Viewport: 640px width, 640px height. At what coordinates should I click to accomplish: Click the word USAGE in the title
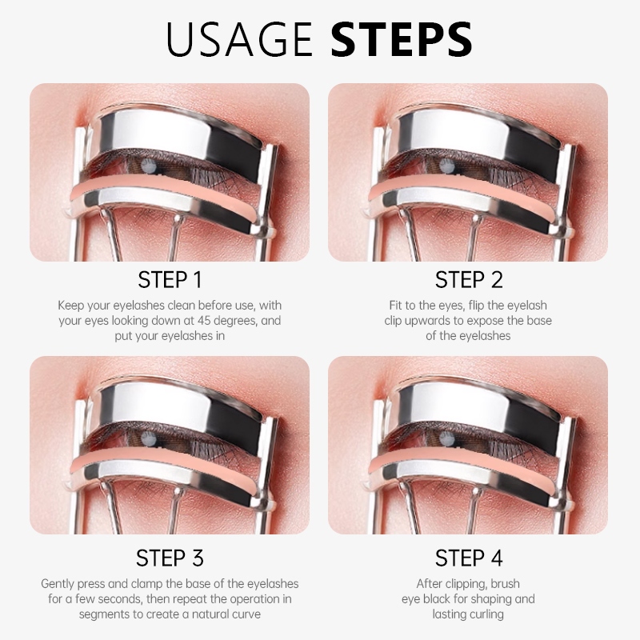pos(238,38)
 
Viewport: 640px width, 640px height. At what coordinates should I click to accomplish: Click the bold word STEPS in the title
pos(402,38)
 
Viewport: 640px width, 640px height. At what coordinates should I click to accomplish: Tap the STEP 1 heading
pos(170,280)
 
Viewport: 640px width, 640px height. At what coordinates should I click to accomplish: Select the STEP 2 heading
pos(469,280)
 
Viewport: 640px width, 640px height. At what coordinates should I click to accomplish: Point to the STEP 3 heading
pos(170,558)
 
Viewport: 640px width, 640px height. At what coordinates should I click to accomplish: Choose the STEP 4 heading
pos(469,558)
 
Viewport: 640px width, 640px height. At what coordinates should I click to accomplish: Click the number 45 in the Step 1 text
pos(204,321)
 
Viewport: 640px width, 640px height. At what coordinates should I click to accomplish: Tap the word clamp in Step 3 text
pos(146,584)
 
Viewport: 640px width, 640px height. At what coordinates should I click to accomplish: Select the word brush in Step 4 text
pos(506,584)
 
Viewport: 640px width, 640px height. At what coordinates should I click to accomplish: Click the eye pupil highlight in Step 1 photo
pos(147,165)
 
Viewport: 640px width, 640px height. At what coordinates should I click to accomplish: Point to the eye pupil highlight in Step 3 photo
pos(147,438)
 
